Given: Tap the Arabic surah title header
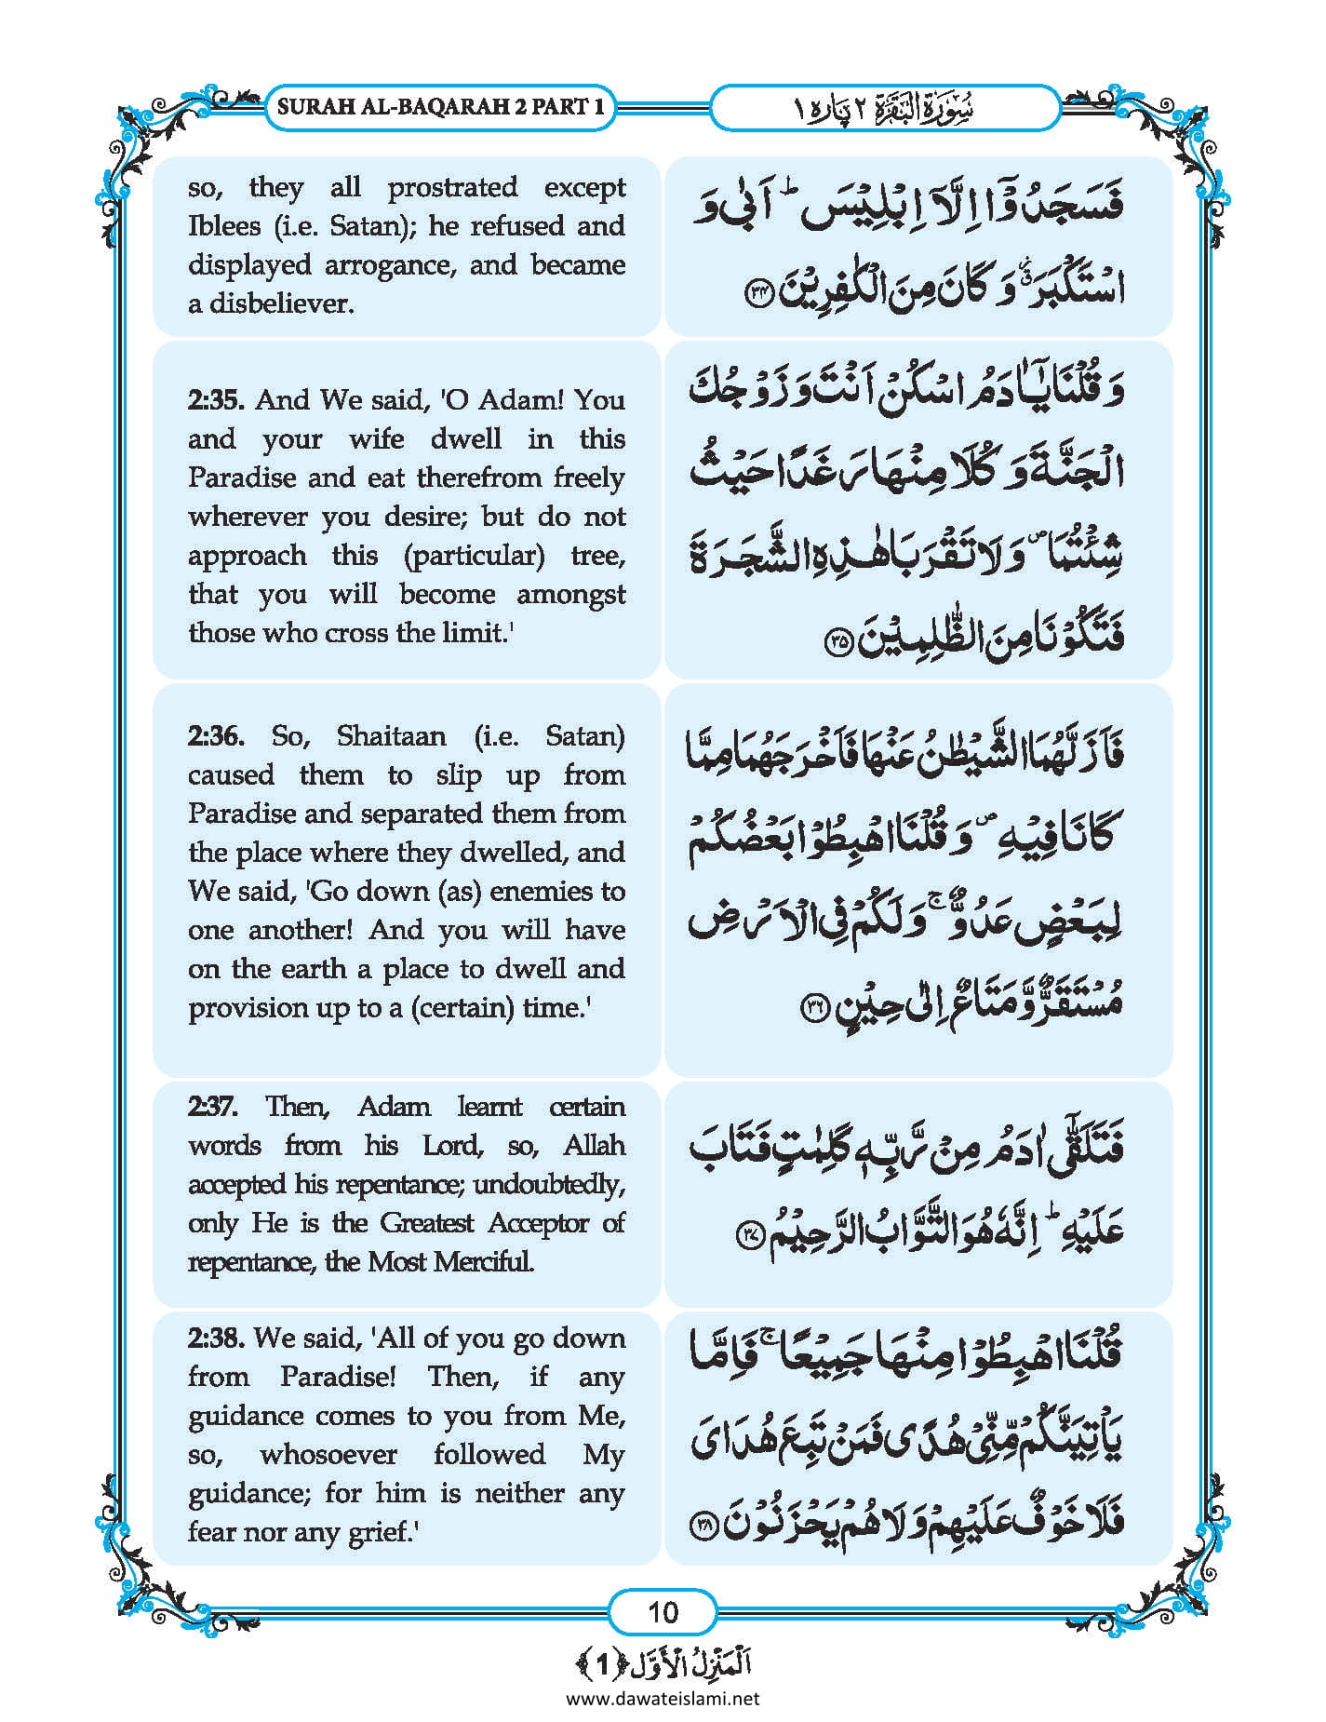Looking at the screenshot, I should pos(884,108).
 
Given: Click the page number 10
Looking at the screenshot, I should pos(663,1611).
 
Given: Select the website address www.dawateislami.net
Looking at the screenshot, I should pos(663,1698).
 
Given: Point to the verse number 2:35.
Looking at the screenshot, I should pos(216,400).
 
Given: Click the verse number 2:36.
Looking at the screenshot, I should pos(216,736).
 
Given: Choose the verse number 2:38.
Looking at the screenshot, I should pos(216,1339).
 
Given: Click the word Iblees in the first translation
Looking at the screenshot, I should pos(224,226).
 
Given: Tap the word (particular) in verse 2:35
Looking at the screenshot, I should pos(475,556).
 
